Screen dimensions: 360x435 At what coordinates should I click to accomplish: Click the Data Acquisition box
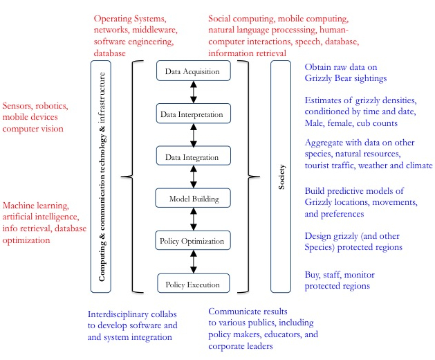point(193,71)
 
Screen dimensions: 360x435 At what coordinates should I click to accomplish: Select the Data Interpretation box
point(193,112)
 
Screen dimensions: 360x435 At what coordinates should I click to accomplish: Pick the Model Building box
point(193,199)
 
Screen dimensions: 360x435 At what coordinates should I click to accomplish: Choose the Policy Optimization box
point(193,241)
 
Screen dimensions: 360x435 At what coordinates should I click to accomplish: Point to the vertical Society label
point(281,177)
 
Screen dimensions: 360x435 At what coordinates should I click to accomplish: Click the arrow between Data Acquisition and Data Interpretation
point(194,91)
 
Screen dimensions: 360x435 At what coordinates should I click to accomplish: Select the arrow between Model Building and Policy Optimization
point(194,220)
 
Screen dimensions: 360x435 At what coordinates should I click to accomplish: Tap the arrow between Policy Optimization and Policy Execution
point(194,262)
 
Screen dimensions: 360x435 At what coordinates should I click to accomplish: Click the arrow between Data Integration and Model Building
point(194,177)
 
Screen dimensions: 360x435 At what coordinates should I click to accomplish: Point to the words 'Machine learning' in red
point(36,206)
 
